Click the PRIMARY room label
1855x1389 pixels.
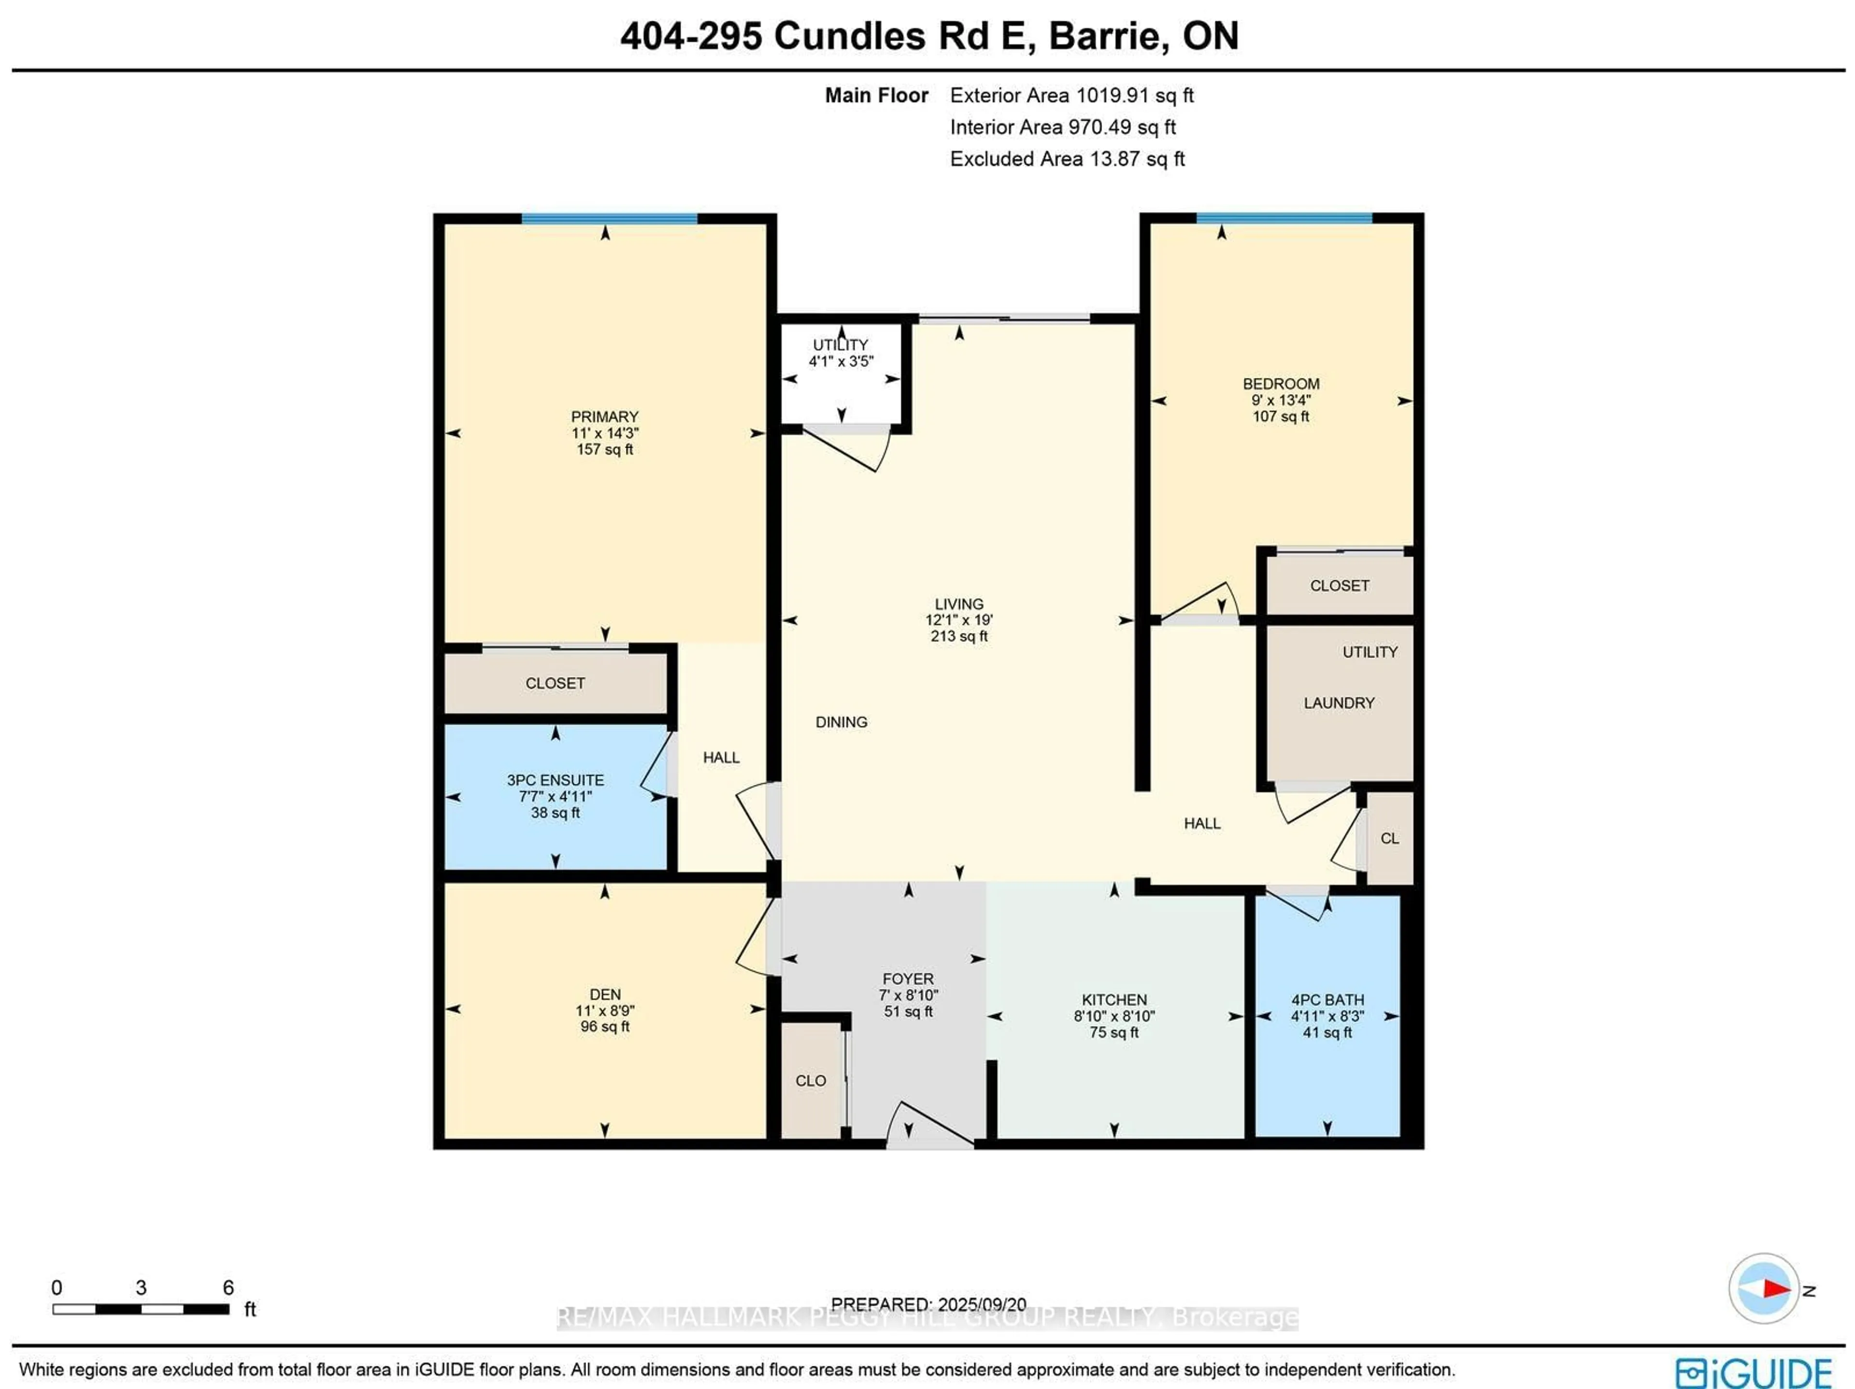pyautogui.click(x=605, y=417)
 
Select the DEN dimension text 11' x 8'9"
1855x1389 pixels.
pyautogui.click(x=605, y=1011)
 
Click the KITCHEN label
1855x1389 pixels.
pyautogui.click(x=1113, y=1000)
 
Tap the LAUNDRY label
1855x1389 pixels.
pyautogui.click(x=1339, y=703)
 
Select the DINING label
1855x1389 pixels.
pyautogui.click(x=841, y=722)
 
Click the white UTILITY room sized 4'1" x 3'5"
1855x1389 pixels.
pyautogui.click(x=841, y=373)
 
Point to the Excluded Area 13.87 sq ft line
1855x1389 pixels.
pyautogui.click(x=1067, y=159)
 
